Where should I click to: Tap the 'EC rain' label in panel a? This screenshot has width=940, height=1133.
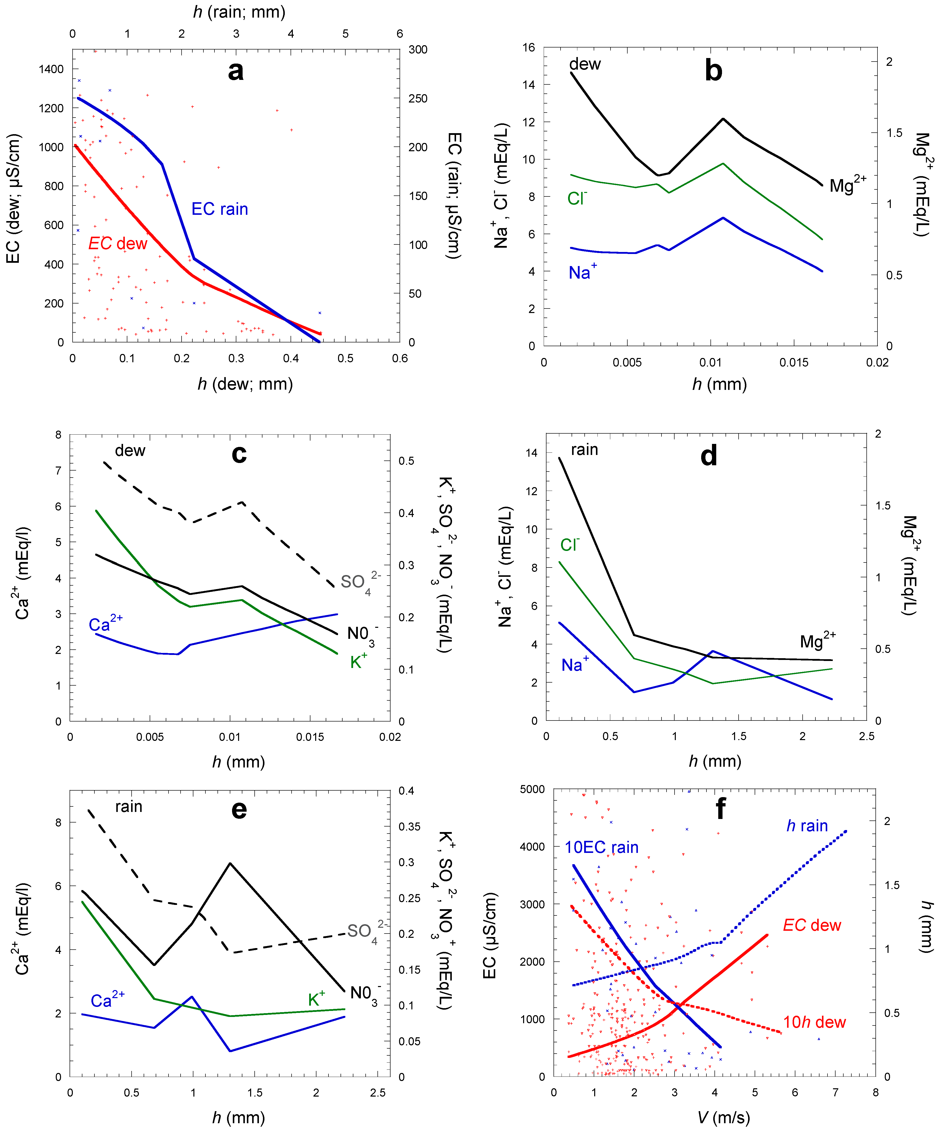coord(219,209)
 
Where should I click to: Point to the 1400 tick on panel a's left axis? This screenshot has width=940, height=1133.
coord(51,69)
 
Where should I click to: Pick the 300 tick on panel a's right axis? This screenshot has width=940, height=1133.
coord(418,50)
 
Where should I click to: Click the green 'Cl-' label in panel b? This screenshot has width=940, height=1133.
coord(577,198)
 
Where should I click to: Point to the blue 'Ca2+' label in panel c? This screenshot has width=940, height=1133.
coord(106,624)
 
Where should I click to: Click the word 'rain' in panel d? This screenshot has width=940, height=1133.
coord(584,449)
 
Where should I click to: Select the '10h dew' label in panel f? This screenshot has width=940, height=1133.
coord(814,1022)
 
